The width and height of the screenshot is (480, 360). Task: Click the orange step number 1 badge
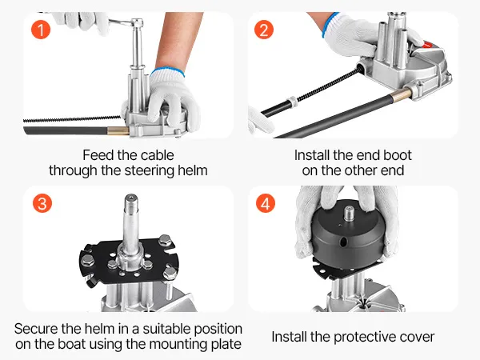(x=41, y=30)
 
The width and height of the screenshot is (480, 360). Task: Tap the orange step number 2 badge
(x=264, y=30)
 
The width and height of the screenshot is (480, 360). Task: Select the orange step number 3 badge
(x=42, y=203)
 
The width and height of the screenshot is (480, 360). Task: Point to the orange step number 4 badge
(x=266, y=203)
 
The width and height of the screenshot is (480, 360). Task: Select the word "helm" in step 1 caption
(x=193, y=170)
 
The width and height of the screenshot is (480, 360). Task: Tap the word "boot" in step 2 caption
(x=398, y=155)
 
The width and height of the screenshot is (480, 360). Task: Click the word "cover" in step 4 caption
(x=417, y=337)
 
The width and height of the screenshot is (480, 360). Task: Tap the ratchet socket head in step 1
(x=137, y=23)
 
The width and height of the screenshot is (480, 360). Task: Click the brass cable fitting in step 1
(x=118, y=130)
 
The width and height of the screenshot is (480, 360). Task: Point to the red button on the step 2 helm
(x=428, y=45)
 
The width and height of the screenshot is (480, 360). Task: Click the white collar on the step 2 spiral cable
(x=292, y=102)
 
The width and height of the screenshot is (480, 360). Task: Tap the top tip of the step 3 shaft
(x=131, y=197)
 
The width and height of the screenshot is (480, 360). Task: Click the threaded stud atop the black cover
(x=348, y=214)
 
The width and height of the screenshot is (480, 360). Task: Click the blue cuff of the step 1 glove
(x=167, y=71)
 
